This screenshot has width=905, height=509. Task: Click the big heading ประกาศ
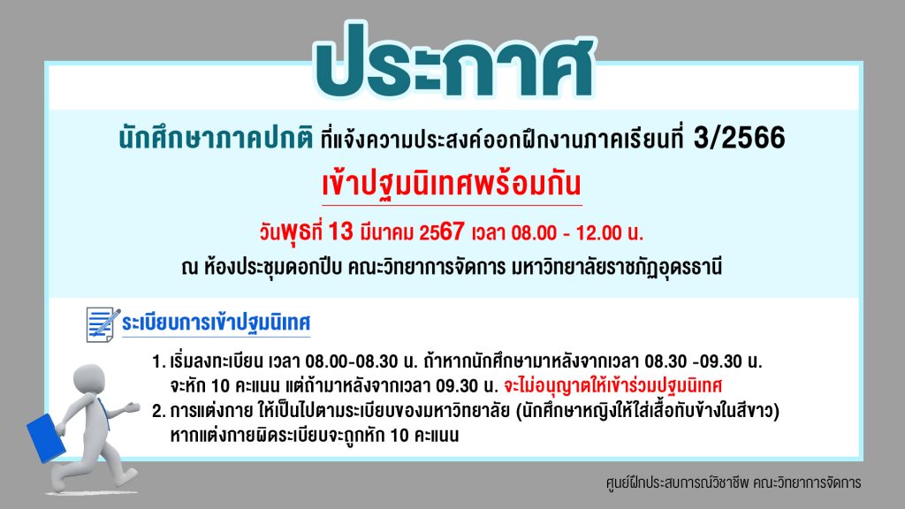454,61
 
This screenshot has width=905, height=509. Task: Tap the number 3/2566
739,138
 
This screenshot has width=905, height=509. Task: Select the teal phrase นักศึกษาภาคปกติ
216,139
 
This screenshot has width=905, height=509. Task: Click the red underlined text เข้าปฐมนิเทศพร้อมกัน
452,184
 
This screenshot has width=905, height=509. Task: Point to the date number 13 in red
340,232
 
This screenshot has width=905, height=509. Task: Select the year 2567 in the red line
442,232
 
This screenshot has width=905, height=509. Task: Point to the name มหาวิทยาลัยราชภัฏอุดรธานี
616,268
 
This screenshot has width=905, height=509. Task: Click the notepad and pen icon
103,324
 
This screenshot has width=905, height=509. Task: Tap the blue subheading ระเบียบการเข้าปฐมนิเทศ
216,322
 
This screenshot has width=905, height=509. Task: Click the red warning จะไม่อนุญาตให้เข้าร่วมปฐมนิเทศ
613,385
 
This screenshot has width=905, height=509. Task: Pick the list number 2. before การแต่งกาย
159,411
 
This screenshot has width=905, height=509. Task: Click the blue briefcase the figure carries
46,438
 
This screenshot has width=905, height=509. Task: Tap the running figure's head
89,380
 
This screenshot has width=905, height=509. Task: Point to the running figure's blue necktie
104,414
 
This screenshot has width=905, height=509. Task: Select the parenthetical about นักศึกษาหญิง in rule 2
648,412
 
